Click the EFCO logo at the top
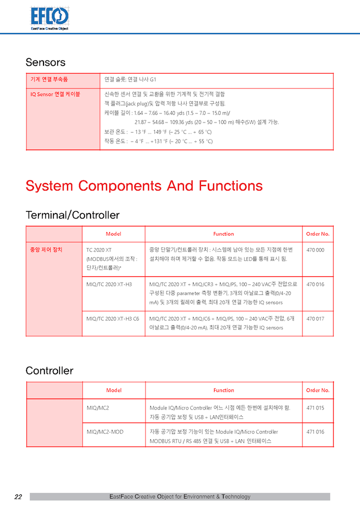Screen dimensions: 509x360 [49, 17]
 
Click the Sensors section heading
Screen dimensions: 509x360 [45, 62]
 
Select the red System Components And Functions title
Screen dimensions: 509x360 [144, 186]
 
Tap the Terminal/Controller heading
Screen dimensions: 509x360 [72, 215]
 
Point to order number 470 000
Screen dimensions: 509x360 [315, 250]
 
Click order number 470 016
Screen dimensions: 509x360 [315, 284]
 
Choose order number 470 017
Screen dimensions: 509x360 [315, 318]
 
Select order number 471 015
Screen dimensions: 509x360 [315, 408]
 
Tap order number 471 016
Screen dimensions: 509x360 [315, 432]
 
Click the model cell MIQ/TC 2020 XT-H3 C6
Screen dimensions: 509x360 [112, 318]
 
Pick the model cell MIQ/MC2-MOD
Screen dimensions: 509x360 [105, 432]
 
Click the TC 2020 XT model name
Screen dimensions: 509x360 [99, 250]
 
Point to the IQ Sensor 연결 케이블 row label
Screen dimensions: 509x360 [55, 94]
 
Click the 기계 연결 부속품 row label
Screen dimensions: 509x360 [49, 79]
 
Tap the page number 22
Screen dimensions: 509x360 [18, 497]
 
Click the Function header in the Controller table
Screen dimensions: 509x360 [223, 390]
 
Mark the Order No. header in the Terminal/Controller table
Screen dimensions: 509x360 [317, 234]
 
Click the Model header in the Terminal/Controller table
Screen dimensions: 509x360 [113, 234]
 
